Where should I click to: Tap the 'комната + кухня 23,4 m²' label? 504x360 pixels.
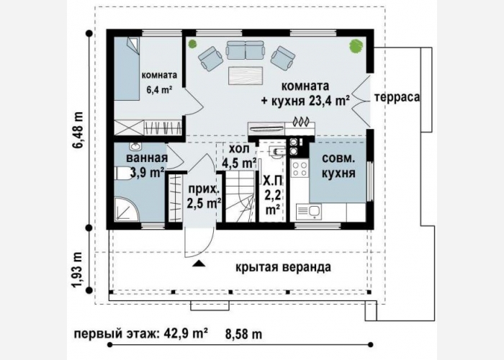tap(305, 94)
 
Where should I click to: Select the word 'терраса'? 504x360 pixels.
tap(397, 97)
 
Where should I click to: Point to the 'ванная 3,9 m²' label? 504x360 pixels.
tap(147, 165)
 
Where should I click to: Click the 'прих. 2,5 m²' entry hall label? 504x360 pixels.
tap(204, 196)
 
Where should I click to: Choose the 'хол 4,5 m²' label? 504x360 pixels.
tap(239, 156)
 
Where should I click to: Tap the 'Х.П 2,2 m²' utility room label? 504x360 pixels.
tap(273, 195)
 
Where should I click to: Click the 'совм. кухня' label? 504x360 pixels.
tap(338, 166)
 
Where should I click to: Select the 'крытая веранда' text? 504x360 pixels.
tap(283, 267)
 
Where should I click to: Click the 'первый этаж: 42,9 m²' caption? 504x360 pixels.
tap(141, 333)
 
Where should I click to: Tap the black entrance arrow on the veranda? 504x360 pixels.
tap(199, 264)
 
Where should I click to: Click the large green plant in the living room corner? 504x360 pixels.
tap(356, 45)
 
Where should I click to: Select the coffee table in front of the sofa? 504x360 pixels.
tap(246, 76)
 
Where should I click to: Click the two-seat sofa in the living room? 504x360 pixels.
tap(246, 50)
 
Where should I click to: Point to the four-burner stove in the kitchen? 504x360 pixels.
tap(300, 168)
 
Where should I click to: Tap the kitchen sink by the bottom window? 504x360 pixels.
tap(309, 211)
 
